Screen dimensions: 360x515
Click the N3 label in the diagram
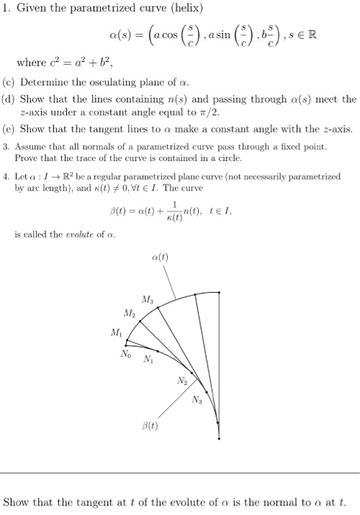(197, 399)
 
